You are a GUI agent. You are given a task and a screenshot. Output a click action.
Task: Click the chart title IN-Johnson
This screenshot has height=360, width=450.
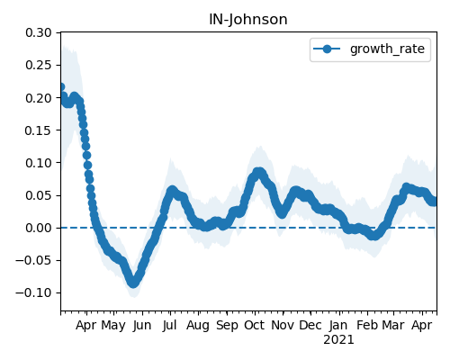pyautogui.click(x=248, y=20)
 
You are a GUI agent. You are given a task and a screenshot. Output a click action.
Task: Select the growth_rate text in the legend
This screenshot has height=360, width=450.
pyautogui.click(x=387, y=49)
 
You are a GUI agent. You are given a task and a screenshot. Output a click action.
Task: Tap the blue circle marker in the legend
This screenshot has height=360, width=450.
pyautogui.click(x=327, y=49)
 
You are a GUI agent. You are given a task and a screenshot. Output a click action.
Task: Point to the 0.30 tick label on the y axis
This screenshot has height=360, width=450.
pyautogui.click(x=39, y=32)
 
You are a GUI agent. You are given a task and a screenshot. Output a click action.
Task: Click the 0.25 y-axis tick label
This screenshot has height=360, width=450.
pyautogui.click(x=39, y=65)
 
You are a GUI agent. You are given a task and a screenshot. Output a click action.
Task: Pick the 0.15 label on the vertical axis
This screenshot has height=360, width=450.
pyautogui.click(x=39, y=130)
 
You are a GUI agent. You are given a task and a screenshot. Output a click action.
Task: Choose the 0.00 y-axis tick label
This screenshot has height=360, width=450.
pyautogui.click(x=39, y=228)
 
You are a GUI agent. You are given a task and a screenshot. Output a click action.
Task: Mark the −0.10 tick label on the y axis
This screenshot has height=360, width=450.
pyautogui.click(x=33, y=292)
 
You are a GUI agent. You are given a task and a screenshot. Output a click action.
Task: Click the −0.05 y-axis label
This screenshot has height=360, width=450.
pyautogui.click(x=33, y=260)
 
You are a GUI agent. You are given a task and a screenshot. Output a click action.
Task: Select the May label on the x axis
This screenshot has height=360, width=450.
pyautogui.click(x=113, y=326)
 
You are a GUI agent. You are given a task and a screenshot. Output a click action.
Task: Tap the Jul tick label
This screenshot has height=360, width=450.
pyautogui.click(x=170, y=325)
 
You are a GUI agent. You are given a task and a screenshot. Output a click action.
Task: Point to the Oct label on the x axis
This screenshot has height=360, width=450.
pyautogui.click(x=255, y=325)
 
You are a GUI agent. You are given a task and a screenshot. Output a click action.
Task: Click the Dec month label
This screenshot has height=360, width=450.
pyautogui.click(x=310, y=325)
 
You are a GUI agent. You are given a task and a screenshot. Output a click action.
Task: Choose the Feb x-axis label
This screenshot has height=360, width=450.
pyautogui.click(x=367, y=325)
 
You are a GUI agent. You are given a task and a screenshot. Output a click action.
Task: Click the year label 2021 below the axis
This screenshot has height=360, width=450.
pyautogui.click(x=338, y=340)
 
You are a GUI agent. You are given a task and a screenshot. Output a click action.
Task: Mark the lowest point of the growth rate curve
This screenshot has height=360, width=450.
pyautogui.click(x=133, y=283)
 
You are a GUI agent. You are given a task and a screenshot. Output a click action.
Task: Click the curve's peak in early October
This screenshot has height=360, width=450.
pyautogui.click(x=258, y=173)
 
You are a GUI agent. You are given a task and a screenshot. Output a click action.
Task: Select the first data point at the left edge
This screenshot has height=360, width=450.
pyautogui.click(x=61, y=87)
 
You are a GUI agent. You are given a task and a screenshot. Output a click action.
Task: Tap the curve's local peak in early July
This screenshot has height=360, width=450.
pyautogui.click(x=172, y=191)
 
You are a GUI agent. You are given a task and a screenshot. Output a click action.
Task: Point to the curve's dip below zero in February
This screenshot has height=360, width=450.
pyautogui.click(x=373, y=235)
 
